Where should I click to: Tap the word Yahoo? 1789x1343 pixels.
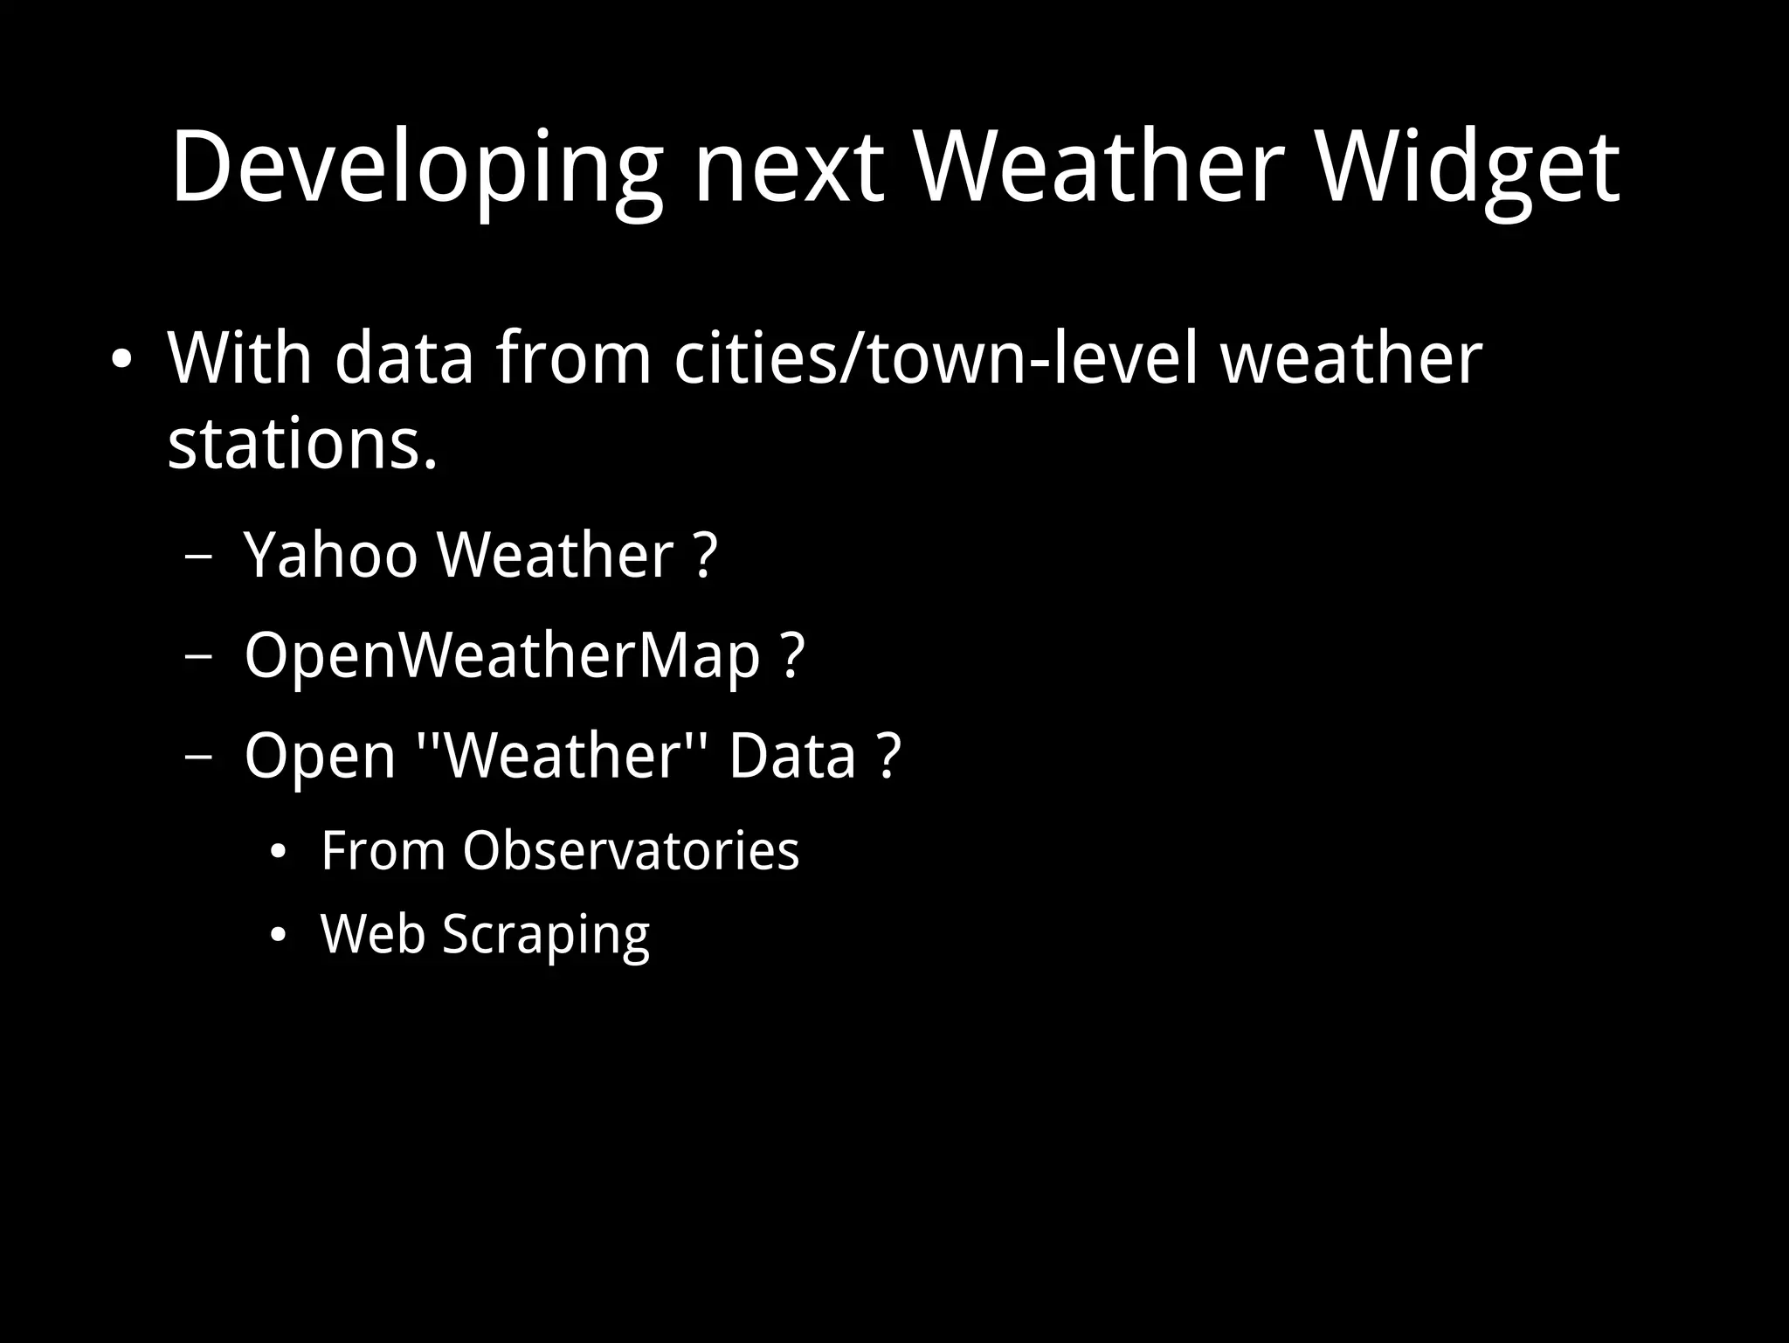tap(331, 555)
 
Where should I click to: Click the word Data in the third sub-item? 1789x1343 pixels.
tap(791, 756)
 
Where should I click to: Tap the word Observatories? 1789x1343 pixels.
tap(631, 850)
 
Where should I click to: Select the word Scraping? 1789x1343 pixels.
tap(546, 934)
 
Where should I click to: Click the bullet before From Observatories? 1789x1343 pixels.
tap(278, 852)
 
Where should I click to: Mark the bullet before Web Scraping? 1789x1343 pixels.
tap(278, 936)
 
